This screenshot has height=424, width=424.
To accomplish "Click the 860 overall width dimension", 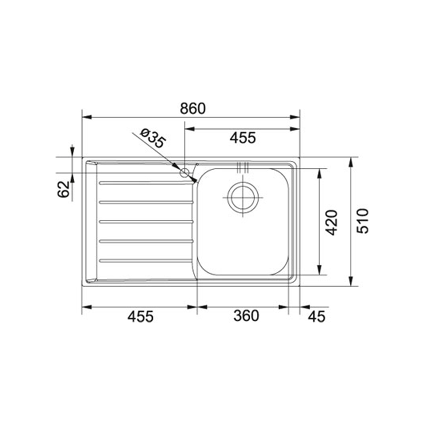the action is click(193, 109).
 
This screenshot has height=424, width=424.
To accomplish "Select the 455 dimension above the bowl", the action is click(243, 138).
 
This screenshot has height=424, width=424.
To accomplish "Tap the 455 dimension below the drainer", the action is click(140, 316).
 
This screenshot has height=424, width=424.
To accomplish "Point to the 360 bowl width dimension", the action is click(246, 316).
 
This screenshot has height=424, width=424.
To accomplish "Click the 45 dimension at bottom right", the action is click(317, 316).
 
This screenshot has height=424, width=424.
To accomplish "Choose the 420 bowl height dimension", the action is click(332, 223).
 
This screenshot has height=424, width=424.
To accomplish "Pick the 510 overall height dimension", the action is click(363, 221).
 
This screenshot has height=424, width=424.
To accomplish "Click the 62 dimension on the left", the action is click(64, 189).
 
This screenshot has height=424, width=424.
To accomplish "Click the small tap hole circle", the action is click(184, 173).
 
